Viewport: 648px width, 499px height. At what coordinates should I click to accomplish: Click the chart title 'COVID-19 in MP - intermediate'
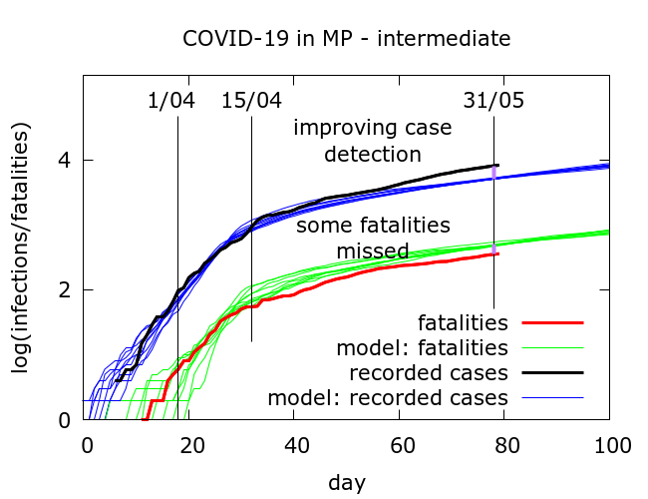coord(346,39)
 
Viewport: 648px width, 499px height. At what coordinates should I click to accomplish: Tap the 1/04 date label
coord(171,101)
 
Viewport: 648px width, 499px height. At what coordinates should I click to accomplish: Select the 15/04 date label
coord(252,101)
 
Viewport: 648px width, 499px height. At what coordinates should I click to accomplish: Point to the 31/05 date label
coord(493,101)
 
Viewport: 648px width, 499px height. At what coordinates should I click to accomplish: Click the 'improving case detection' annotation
coord(372,141)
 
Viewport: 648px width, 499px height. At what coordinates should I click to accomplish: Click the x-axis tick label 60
coord(401,444)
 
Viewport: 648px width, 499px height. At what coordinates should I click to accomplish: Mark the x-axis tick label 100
coord(609,444)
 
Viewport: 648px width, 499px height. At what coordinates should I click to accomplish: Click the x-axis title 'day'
coord(347,483)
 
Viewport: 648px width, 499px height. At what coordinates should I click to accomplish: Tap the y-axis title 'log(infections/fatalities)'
coord(21,248)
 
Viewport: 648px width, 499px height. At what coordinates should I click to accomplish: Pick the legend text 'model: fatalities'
coord(424,348)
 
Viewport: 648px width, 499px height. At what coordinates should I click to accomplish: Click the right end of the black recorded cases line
coord(497,165)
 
